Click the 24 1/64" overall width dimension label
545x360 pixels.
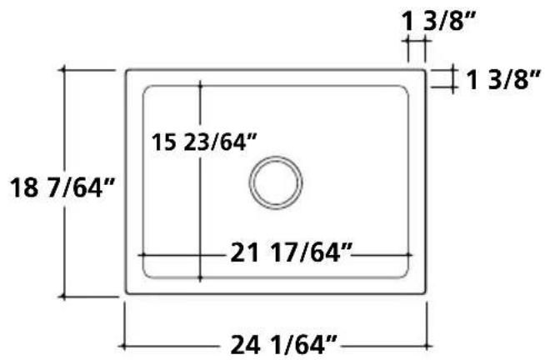(x=283, y=345)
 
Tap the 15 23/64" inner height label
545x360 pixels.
(x=203, y=142)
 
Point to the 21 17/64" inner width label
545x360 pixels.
(x=292, y=252)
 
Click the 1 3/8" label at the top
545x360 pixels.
(x=438, y=21)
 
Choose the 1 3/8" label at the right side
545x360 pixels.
(x=503, y=79)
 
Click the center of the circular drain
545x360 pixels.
(x=276, y=182)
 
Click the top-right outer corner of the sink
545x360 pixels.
(x=425, y=70)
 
